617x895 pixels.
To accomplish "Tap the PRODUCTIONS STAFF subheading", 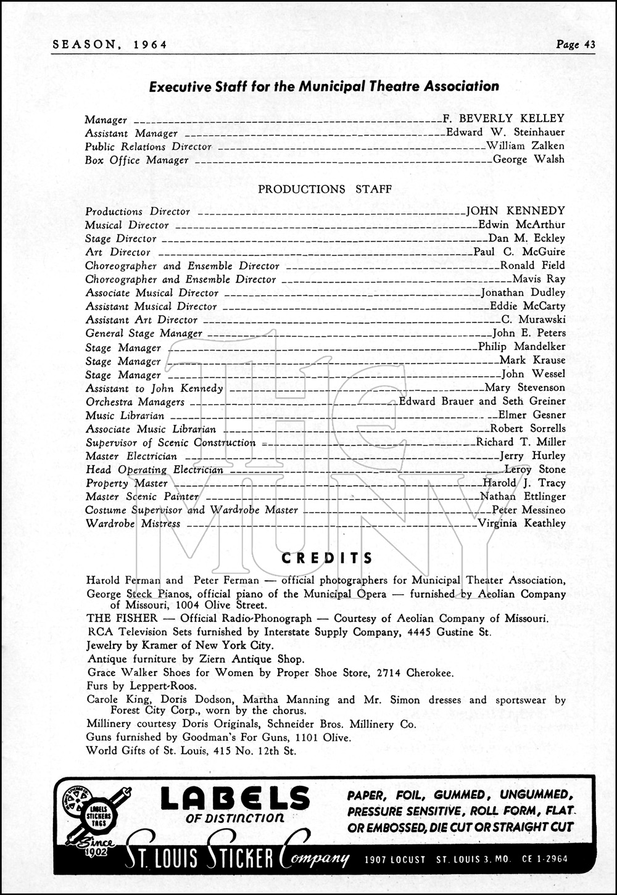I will tap(324, 189).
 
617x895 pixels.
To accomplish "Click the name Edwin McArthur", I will tap(522, 225).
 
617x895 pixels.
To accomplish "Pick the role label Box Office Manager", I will tap(136, 160).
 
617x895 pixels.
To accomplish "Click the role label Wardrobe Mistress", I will tap(133, 524).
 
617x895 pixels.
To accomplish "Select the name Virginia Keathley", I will tap(522, 524).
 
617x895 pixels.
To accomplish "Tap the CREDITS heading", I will tap(327, 559).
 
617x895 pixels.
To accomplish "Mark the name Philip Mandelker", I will tap(522, 347).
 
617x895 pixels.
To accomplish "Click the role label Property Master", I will tap(126, 483).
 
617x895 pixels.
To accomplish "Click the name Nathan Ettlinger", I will tap(523, 497).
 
